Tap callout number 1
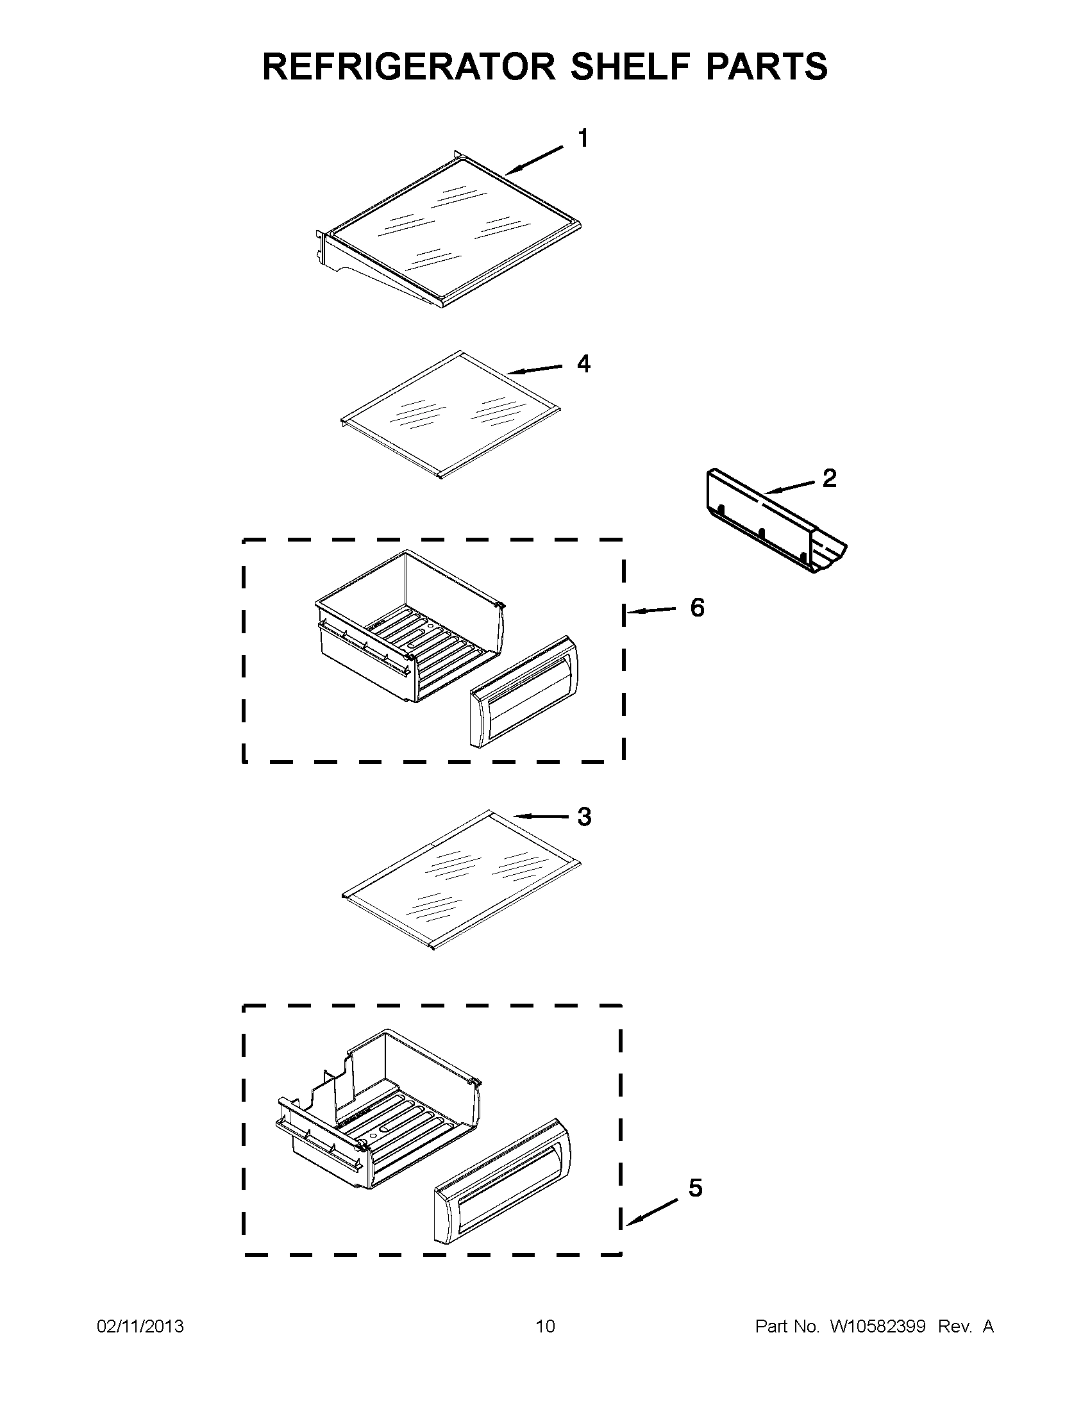[582, 139]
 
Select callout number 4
[583, 365]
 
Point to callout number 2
[829, 478]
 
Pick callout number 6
[698, 608]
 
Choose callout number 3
[583, 817]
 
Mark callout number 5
[695, 1188]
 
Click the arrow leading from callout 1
[534, 160]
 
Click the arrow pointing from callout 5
[652, 1212]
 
